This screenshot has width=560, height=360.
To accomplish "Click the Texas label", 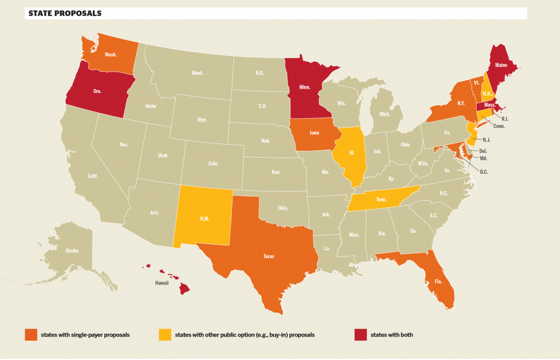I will [x=269, y=256].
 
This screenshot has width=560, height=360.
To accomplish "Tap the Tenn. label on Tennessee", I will [x=381, y=200].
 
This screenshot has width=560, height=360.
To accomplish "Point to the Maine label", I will [x=501, y=65].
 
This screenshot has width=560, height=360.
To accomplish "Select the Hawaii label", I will [x=161, y=283].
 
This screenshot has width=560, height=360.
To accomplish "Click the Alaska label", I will [x=72, y=251].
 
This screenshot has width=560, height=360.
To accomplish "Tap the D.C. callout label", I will [x=484, y=172].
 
